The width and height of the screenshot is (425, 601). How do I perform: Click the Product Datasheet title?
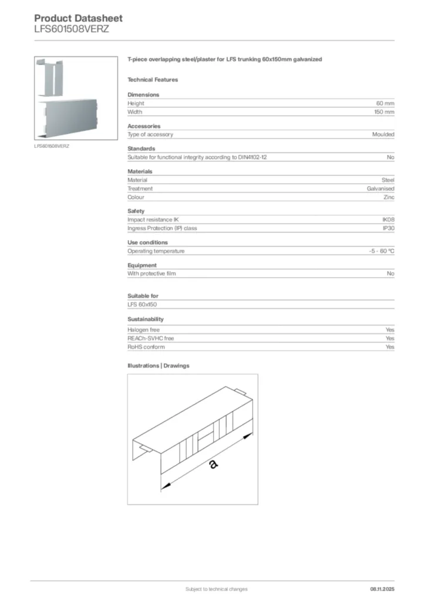(78, 18)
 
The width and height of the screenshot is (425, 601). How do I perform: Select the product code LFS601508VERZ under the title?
(72, 29)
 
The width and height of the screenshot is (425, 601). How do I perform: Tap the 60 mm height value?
(385, 103)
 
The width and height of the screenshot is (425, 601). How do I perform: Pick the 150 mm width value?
(384, 112)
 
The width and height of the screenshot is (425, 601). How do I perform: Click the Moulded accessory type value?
(383, 134)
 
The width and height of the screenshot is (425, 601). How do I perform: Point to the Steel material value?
(388, 180)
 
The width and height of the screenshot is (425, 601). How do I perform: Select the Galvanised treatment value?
(380, 188)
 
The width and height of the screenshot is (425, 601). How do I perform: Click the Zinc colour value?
(389, 197)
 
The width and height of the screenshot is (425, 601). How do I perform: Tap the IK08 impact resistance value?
(388, 220)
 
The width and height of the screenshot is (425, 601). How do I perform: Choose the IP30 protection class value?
(388, 228)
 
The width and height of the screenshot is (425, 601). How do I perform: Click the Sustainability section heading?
(146, 319)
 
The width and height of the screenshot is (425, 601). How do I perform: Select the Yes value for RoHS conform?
(390, 347)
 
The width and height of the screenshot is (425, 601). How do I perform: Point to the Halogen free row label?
(143, 330)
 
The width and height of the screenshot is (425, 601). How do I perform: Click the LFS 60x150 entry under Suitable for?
(142, 305)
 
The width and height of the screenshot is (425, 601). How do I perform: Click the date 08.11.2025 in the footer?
(382, 589)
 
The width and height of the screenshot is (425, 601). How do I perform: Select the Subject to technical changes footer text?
(216, 589)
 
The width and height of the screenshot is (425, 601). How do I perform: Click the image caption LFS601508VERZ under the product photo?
(52, 146)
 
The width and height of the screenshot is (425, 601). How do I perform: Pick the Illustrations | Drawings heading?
(158, 366)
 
